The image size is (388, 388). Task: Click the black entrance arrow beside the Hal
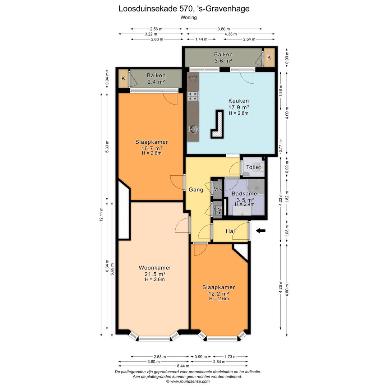[x=260, y=231]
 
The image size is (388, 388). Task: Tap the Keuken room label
[x=238, y=101]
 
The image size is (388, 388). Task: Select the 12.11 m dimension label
[x=101, y=214]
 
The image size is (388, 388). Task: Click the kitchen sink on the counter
[x=193, y=129]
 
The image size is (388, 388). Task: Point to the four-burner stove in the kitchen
[x=193, y=96]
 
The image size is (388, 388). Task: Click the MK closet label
[x=217, y=189]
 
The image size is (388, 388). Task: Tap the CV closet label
[x=217, y=210]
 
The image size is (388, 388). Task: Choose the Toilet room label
[x=253, y=167]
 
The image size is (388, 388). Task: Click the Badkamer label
[x=245, y=194]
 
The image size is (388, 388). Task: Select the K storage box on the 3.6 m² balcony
[x=269, y=57]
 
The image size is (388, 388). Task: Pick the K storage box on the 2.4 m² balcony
[x=124, y=78]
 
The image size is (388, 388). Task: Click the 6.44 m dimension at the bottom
[x=183, y=366]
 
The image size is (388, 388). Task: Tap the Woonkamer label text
[x=155, y=268]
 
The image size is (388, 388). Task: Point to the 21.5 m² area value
[x=155, y=274]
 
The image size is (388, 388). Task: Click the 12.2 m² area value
[x=218, y=294]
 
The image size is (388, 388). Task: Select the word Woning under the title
[x=189, y=17]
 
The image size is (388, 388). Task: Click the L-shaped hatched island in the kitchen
[x=217, y=124]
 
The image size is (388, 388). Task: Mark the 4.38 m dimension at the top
[x=231, y=34]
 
